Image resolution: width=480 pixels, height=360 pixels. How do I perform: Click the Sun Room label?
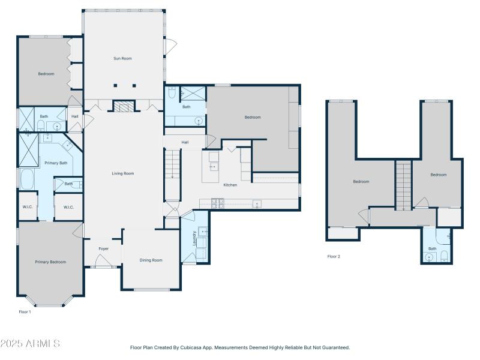pyautogui.click(x=122, y=58)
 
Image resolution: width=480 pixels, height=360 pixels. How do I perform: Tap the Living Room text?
pyautogui.click(x=122, y=173)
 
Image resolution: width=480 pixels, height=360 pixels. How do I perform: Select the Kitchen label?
pyautogui.click(x=230, y=185)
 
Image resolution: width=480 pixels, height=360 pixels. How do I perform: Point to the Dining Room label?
pyautogui.click(x=151, y=260)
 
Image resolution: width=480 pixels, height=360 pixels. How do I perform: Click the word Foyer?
pyautogui.click(x=104, y=248)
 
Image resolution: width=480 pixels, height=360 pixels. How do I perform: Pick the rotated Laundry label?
pyautogui.click(x=194, y=237)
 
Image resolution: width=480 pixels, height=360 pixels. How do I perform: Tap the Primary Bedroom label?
pyautogui.click(x=50, y=262)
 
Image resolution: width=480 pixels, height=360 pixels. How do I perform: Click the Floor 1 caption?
pyautogui.click(x=25, y=312)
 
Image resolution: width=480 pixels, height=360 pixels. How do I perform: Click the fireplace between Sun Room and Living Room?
pyautogui.click(x=124, y=107)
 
